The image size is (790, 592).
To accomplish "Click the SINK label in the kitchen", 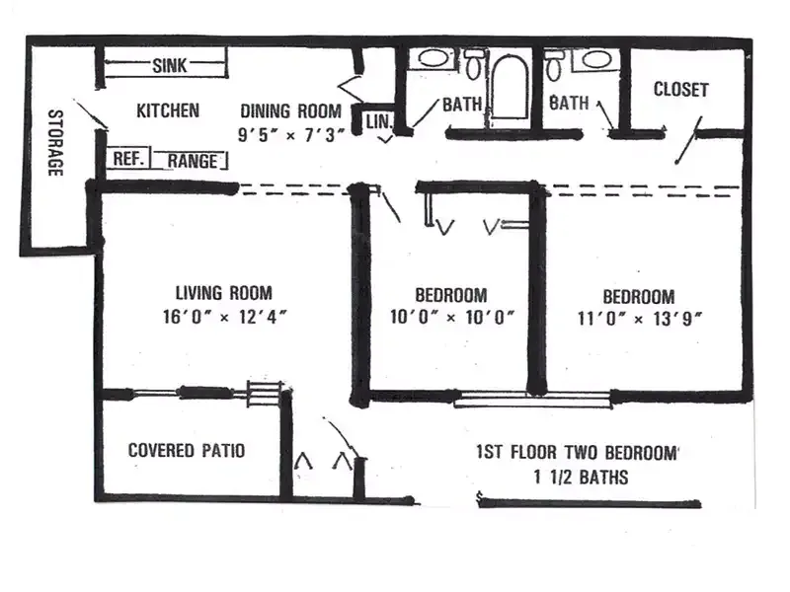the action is [169, 65].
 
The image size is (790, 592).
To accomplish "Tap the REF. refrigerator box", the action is [128, 159].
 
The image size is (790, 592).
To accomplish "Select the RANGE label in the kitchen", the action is [192, 161].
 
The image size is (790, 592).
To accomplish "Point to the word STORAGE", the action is [56, 143].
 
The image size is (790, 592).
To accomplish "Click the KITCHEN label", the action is [168, 111].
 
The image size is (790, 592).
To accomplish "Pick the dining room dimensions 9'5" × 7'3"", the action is [291, 135].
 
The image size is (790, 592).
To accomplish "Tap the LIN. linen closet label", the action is [378, 121].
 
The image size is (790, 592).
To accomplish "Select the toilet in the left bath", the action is [473, 63].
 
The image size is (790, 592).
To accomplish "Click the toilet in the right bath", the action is [554, 65].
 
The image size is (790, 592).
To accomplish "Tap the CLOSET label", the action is [680, 90].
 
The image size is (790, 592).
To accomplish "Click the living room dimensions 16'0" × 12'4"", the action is [225, 317].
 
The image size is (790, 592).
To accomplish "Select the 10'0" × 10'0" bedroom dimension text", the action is [452, 318].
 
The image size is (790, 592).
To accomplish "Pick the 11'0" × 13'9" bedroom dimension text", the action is [639, 319].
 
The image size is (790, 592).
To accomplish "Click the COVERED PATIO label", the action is [187, 450].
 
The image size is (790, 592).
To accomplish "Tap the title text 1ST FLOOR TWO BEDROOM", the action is [578, 452].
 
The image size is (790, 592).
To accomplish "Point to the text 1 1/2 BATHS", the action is [582, 477].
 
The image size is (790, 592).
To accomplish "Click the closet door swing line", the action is [688, 140].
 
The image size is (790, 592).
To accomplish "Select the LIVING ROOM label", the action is [224, 292].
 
